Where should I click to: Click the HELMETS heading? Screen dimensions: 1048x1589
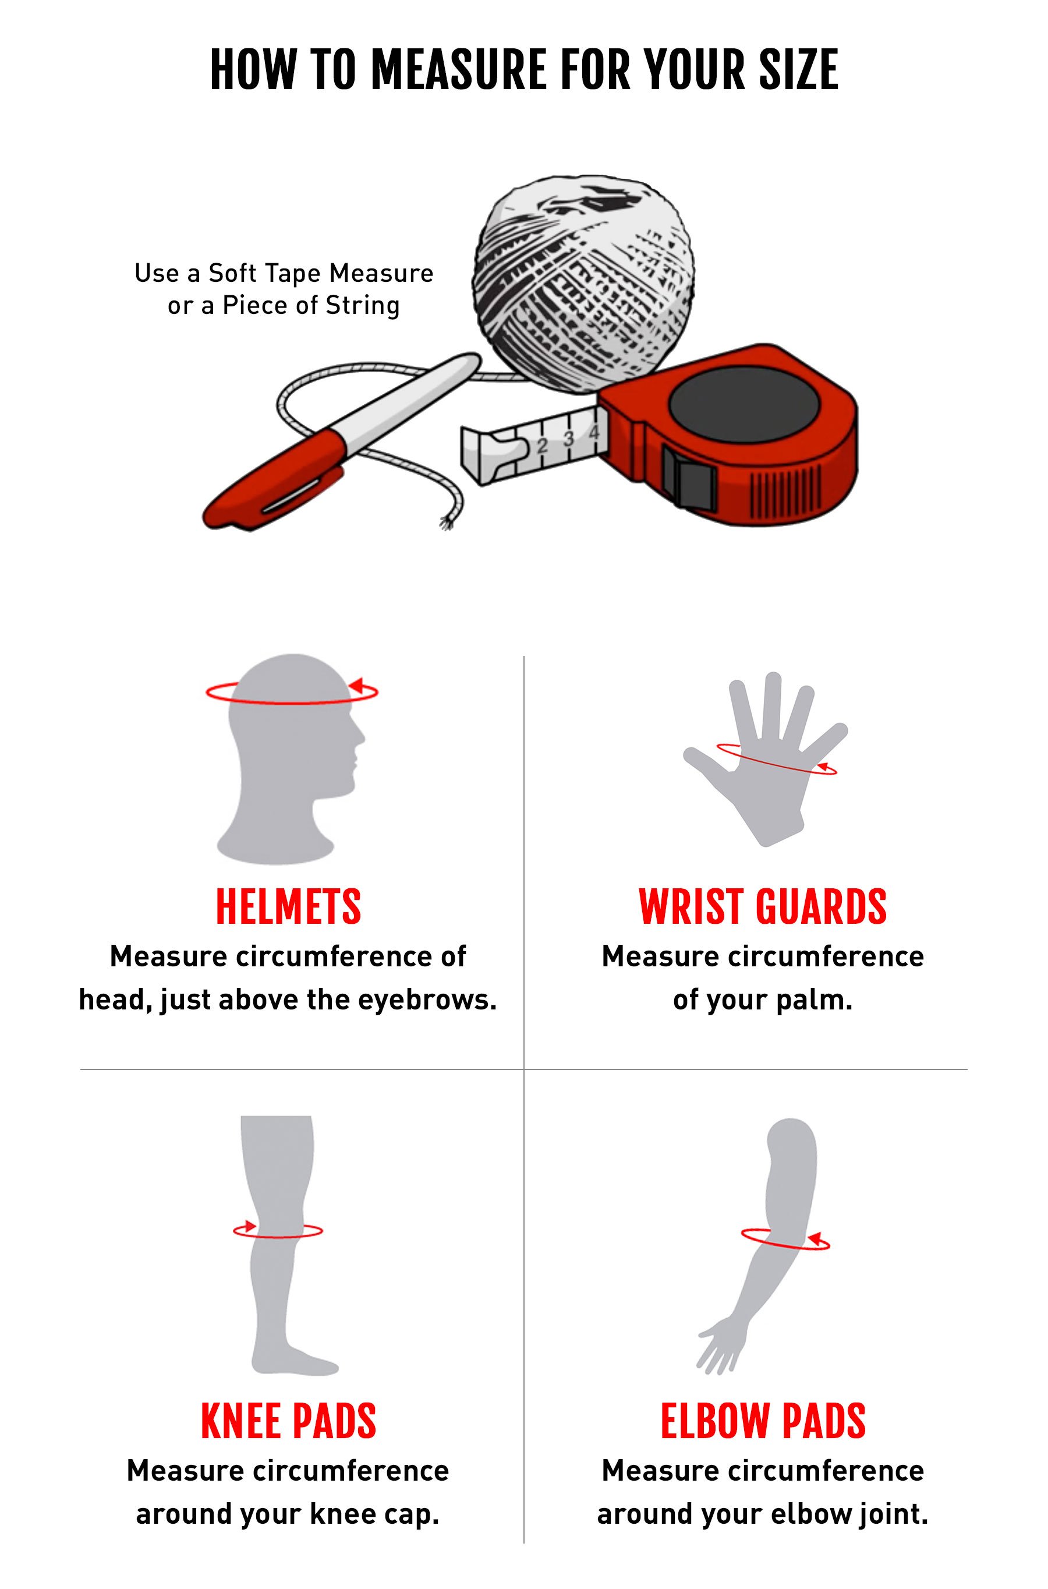coord(288,906)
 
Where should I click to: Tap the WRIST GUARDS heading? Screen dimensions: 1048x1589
coord(763,906)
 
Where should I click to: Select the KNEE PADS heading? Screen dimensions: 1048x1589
coord(288,1421)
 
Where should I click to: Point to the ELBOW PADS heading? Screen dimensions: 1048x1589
coord(763,1421)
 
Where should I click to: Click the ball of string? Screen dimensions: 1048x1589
coord(583,284)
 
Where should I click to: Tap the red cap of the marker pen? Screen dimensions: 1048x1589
coord(274,479)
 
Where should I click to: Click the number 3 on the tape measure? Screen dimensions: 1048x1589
coord(569,439)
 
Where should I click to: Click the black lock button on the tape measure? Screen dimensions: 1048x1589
coord(688,475)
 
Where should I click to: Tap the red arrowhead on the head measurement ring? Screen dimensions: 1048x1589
coord(356,685)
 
